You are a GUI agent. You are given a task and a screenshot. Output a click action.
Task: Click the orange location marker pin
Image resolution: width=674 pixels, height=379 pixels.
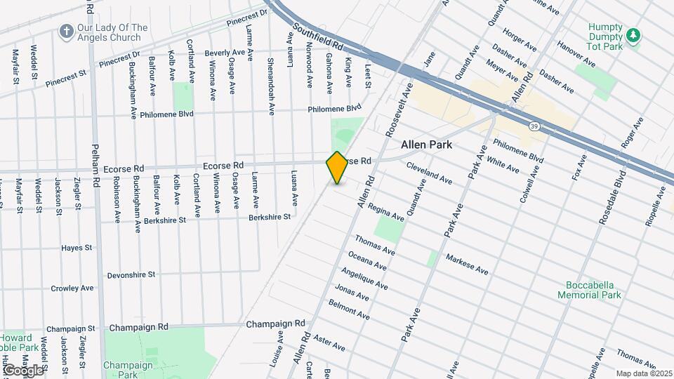337,168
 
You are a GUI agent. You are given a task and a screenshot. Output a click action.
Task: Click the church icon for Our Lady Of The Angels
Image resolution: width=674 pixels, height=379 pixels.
67,32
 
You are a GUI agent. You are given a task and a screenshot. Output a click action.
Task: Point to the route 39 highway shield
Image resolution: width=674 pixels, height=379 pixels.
534,126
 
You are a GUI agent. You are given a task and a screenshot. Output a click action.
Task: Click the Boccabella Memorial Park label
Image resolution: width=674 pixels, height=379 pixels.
593,290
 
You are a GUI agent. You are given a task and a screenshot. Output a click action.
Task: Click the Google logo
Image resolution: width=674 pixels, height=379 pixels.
24,370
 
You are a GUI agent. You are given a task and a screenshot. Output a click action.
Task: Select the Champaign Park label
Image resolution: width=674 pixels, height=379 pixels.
128,369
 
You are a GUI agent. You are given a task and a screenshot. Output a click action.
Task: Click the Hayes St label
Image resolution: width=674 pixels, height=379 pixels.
77,248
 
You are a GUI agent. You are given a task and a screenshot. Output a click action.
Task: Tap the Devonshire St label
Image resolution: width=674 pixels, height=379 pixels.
131,274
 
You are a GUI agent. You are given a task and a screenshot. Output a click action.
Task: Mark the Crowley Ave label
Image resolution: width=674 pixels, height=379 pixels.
72,288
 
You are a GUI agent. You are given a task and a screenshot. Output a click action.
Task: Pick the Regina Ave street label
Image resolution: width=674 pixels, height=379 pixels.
385,211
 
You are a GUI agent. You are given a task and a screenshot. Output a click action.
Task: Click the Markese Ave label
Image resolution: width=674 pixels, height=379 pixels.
467,265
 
